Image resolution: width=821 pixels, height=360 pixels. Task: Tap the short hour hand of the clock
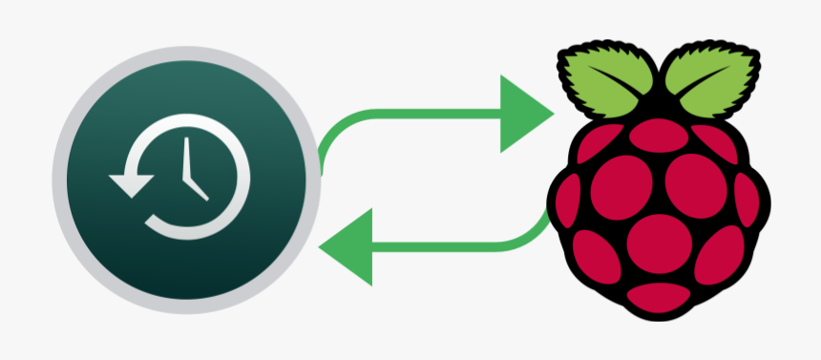197,188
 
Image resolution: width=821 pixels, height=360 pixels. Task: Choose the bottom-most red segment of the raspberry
656,290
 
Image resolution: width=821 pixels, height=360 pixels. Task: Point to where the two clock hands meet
188,180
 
